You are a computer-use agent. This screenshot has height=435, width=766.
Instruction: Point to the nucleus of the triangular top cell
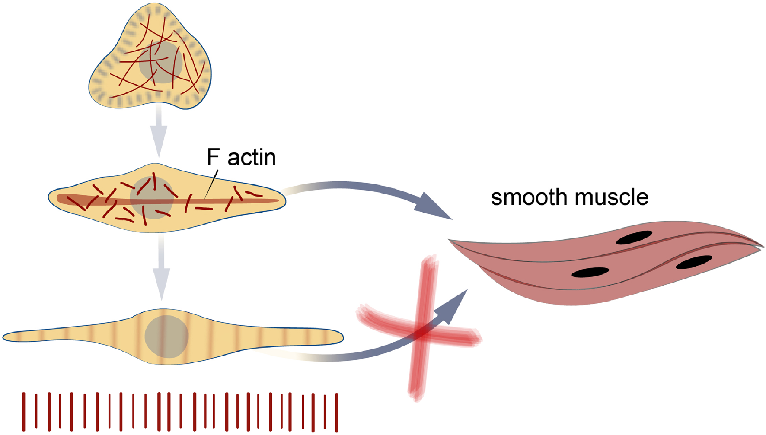pyautogui.click(x=161, y=63)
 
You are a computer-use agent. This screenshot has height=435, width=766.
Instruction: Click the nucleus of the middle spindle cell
pyautogui.click(x=152, y=198)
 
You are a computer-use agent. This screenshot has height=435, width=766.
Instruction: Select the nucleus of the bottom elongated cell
pyautogui.click(x=166, y=337)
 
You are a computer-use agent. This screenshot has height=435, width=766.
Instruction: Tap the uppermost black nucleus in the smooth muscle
pyautogui.click(x=634, y=238)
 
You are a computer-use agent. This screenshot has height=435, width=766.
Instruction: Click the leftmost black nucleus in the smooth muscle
pyautogui.click(x=590, y=272)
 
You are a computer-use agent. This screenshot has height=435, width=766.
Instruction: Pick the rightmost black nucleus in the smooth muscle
pyautogui.click(x=693, y=262)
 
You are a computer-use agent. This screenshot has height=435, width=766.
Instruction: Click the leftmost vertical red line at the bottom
pyautogui.click(x=24, y=412)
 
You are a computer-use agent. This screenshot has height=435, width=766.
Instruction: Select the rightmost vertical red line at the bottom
pyautogui.click(x=337, y=412)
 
